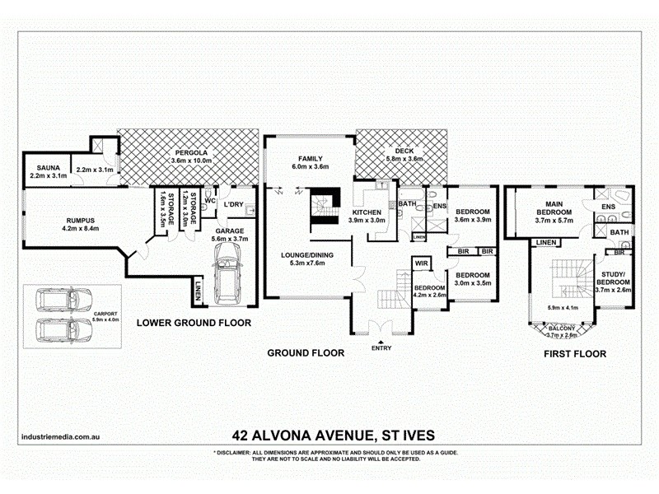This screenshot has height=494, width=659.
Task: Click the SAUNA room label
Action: click(40, 165)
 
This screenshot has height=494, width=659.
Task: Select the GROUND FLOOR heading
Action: click(305, 353)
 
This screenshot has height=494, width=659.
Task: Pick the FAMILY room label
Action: click(310, 159)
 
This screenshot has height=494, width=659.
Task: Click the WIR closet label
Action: click(421, 263)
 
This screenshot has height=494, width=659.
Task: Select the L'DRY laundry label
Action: click(233, 203)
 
